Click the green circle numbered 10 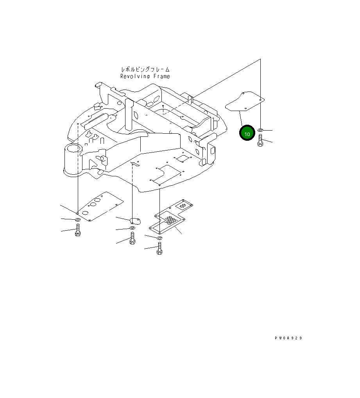click(247, 133)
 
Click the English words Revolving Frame click(145, 77)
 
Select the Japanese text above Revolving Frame click(145, 70)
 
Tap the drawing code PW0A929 click(288, 338)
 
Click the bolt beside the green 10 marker click(260, 140)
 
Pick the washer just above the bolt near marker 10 click(260, 129)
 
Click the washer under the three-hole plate click(77, 221)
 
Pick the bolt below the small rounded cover click(133, 238)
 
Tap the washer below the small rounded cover click(133, 228)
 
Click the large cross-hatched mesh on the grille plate click(170, 220)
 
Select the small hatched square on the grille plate click(182, 204)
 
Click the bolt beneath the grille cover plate click(159, 249)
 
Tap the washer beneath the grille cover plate click(160, 238)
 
